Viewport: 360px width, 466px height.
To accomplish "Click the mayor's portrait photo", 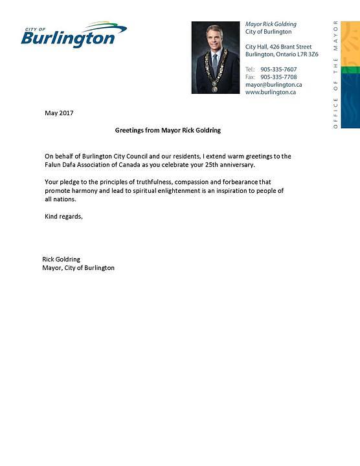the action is tap(216, 58).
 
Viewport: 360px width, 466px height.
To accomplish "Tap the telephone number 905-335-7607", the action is tap(278, 69).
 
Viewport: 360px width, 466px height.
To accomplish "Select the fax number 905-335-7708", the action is tap(278, 77).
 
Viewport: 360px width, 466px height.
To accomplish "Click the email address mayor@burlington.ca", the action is tap(273, 85).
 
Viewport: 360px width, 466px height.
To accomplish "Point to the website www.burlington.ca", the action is tap(270, 93).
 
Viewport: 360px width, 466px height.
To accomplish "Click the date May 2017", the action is tap(59, 113).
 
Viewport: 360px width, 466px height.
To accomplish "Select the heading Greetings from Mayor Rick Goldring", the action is tap(168, 130).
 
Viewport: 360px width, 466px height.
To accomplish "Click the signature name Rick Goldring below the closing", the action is tap(61, 259).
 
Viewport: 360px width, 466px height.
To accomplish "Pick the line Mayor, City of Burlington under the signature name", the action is tap(78, 267).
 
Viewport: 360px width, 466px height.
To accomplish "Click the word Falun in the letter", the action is tap(54, 165).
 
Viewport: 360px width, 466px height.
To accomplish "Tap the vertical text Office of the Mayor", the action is tap(335, 74).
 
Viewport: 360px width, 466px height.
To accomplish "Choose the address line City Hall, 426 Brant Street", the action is tap(278, 47).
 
